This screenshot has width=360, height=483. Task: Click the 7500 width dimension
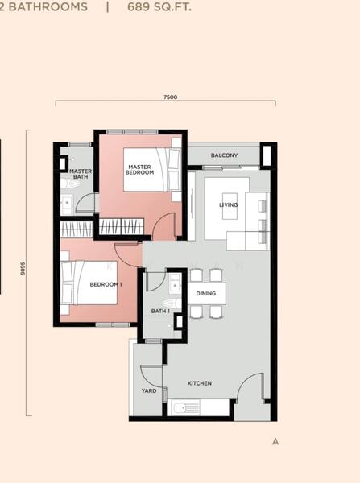[170, 97]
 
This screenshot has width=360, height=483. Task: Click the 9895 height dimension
[23, 268]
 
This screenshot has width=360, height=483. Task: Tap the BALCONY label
[224, 155]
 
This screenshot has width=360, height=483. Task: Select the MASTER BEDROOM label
[139, 170]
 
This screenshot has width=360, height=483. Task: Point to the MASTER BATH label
[81, 174]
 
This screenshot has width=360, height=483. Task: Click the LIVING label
[229, 204]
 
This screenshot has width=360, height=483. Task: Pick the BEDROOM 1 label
[106, 284]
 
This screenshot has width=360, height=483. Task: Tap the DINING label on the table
[206, 293]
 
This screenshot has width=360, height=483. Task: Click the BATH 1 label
[160, 311]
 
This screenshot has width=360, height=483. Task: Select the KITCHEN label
[200, 383]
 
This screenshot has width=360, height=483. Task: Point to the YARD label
[149, 390]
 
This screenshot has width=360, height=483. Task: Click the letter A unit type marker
[275, 442]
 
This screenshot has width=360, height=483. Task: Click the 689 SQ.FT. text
[159, 6]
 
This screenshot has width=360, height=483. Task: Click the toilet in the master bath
[70, 184]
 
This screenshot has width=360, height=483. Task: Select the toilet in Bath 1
[172, 303]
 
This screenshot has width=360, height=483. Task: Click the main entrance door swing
[250, 385]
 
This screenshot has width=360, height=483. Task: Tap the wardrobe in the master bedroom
[122, 226]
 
